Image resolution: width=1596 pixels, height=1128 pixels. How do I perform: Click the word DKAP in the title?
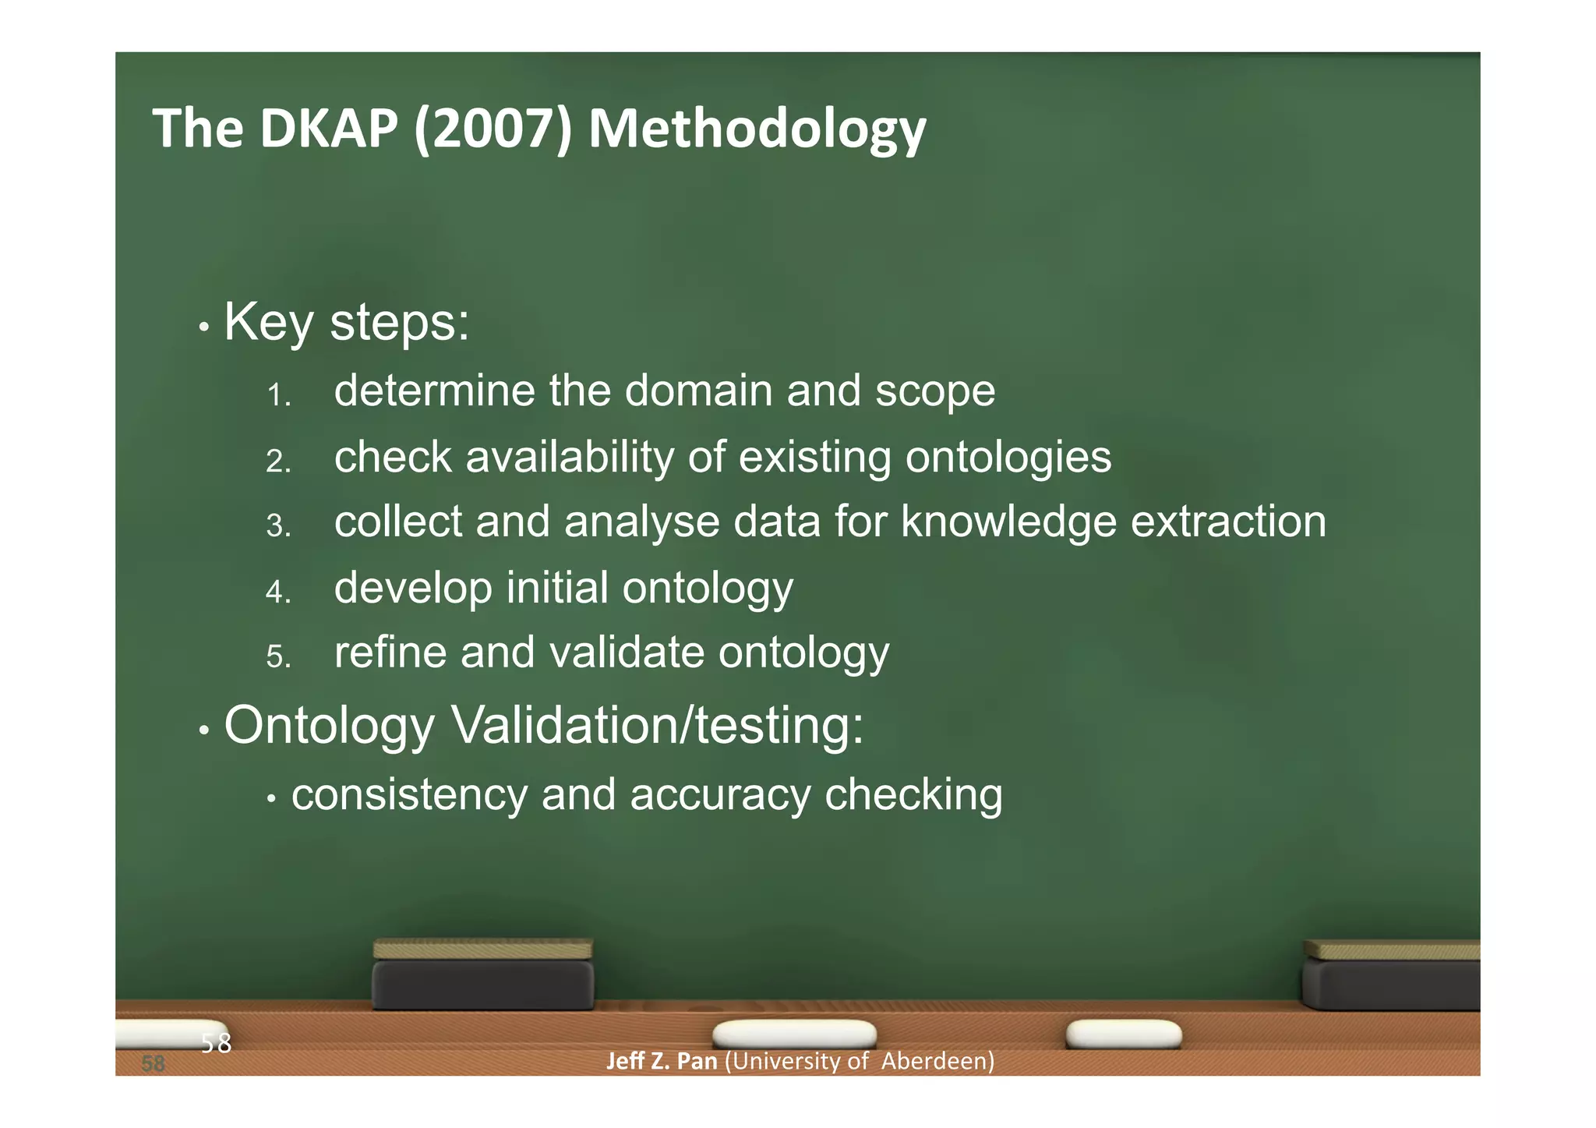[x=329, y=128]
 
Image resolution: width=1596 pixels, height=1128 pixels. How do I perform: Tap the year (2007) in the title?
[x=493, y=129]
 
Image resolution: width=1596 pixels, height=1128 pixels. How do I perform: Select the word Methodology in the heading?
[x=757, y=129]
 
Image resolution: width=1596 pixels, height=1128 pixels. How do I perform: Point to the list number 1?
[x=277, y=395]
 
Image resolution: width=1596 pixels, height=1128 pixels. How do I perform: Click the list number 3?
[x=277, y=526]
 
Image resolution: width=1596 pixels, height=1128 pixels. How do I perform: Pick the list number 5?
[x=277, y=657]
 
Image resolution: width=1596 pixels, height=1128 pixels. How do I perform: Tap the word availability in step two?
[x=569, y=457]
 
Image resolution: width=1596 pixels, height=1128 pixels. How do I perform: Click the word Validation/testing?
[x=658, y=726]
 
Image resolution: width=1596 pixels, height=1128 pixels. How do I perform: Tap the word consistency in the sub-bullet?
[x=409, y=795]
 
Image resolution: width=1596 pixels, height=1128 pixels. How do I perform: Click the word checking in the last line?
[x=913, y=795]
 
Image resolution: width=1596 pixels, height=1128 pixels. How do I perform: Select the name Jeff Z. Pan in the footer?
[x=662, y=1062]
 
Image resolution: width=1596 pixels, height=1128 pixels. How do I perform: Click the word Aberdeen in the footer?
[x=937, y=1062]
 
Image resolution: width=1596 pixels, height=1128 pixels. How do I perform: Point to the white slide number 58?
[x=216, y=1043]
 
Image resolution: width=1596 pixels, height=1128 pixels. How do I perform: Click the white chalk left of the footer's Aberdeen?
[x=794, y=1034]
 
